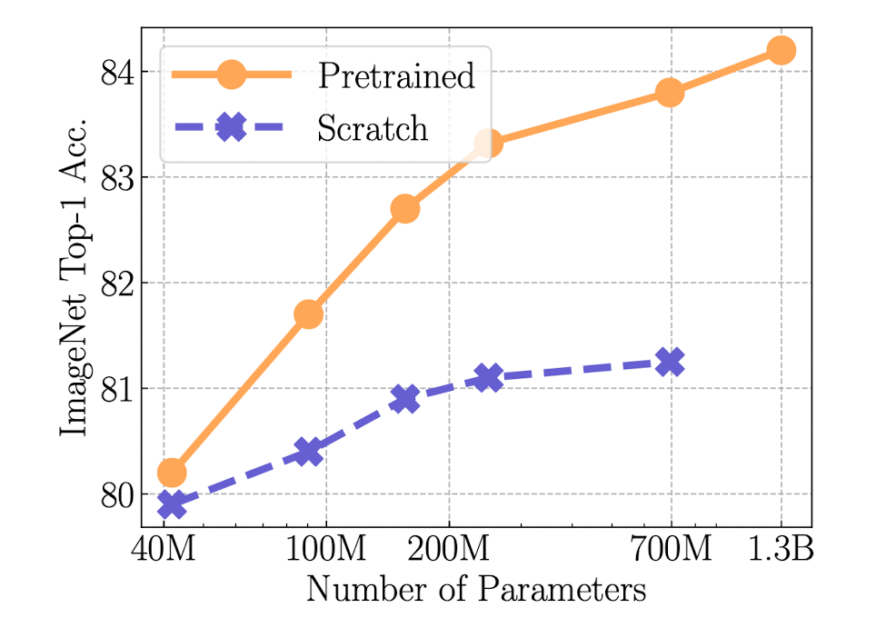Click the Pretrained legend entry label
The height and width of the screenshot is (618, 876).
(x=395, y=75)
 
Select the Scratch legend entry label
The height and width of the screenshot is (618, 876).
(x=372, y=128)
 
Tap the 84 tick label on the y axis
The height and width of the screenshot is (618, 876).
(x=116, y=72)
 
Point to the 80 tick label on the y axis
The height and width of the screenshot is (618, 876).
(x=116, y=494)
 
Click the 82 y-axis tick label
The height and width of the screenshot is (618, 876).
(x=116, y=283)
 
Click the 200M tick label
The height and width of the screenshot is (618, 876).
(x=449, y=550)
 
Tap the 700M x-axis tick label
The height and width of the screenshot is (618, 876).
(x=671, y=550)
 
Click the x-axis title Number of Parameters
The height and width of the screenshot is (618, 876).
(x=475, y=589)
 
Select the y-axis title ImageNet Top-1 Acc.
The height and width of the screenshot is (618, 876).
(x=75, y=275)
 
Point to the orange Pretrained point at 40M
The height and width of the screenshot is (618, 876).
(x=172, y=473)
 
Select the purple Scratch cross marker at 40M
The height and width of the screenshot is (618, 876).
(x=172, y=504)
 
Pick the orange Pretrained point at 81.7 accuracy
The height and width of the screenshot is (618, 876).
(x=309, y=314)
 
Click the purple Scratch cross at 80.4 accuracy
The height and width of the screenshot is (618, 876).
(x=309, y=452)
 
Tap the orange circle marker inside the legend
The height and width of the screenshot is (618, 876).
(x=232, y=75)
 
